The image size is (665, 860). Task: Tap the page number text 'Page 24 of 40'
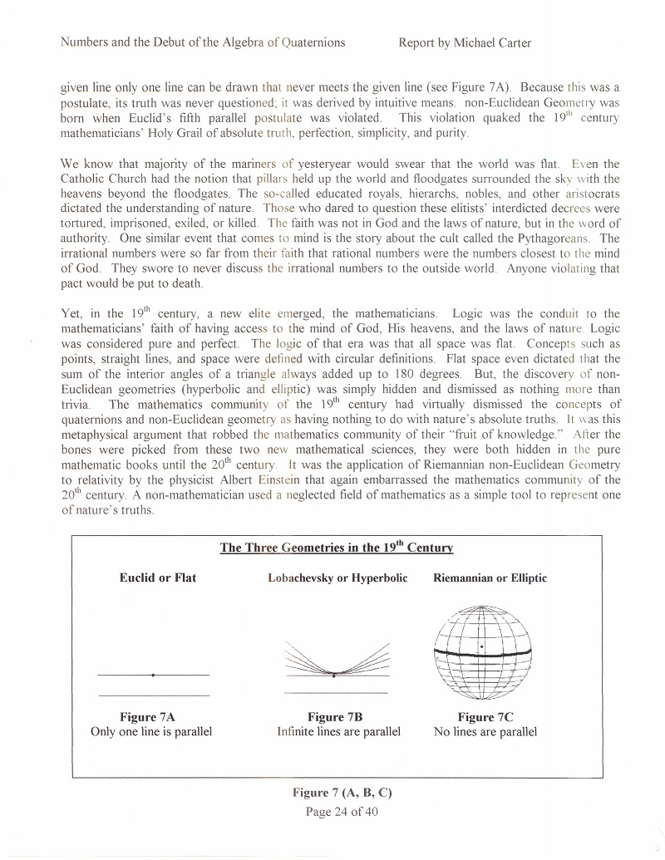[x=342, y=811]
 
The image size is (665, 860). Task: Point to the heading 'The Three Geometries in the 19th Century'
[x=336, y=548]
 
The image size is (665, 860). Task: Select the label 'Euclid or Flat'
[x=158, y=577]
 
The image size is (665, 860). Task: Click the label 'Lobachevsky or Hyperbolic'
[x=337, y=577]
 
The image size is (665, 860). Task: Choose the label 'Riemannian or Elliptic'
[x=490, y=577]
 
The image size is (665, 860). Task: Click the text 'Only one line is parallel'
[x=151, y=732]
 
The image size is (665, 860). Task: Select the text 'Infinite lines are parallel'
[x=338, y=732]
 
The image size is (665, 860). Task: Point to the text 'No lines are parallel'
[x=485, y=732]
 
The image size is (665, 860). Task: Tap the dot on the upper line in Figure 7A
[x=153, y=675]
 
